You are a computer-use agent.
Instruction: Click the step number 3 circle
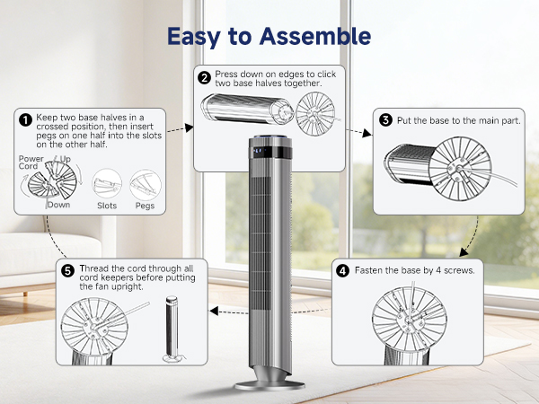pos(385,119)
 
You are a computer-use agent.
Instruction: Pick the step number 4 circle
pos(342,269)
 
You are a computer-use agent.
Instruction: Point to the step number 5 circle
pos(66,270)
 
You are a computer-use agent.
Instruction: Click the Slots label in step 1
pos(107,205)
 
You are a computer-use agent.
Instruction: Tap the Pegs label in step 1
pos(143,205)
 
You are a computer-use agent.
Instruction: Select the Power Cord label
pos(31,162)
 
